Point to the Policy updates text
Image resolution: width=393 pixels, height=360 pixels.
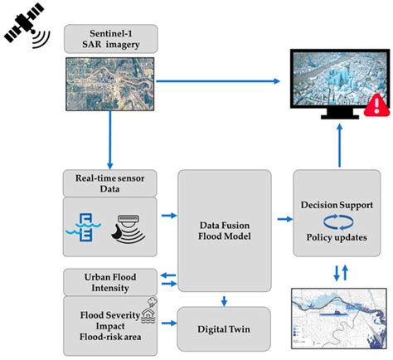[337, 238]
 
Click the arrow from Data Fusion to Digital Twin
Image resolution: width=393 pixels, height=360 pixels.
[225, 299]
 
